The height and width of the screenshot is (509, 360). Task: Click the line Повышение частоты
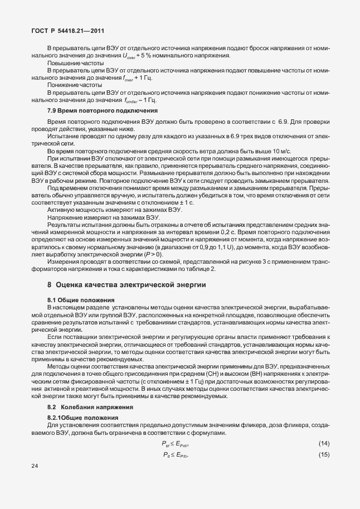pos(71,64)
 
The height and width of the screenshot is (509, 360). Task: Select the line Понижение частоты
pos(71,85)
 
